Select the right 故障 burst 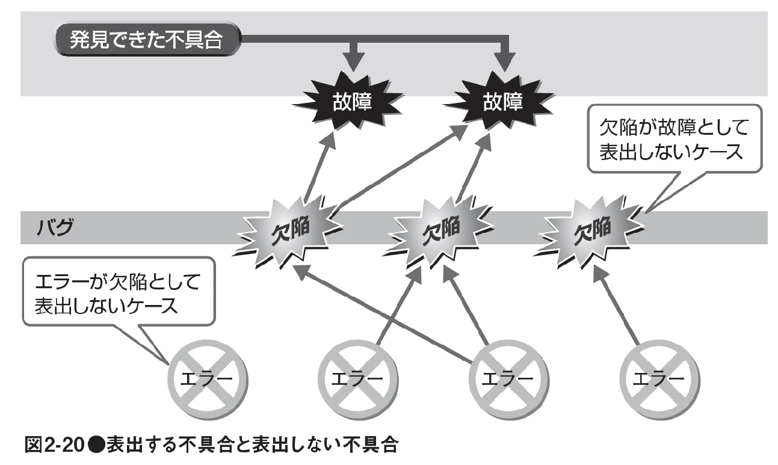[x=501, y=103]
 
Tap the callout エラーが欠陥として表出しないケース [x=117, y=292]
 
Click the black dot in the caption [x=96, y=446]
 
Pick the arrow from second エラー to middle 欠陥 [x=397, y=307]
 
